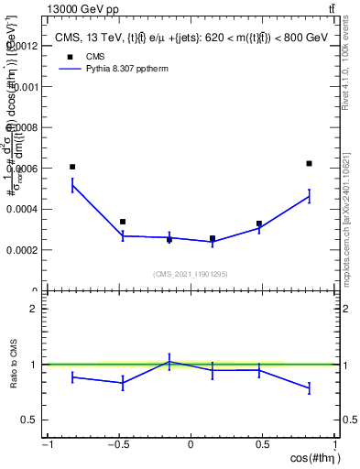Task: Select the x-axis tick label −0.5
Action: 118,444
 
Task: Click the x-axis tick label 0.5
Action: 263,444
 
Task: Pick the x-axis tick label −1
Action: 47,444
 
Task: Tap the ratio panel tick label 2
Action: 34,309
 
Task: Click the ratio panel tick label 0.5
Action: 29,420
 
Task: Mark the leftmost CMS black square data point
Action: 72,167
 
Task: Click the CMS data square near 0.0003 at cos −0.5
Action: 123,222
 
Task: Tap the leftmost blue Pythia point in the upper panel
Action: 72,185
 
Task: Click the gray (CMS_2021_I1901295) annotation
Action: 191,274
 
